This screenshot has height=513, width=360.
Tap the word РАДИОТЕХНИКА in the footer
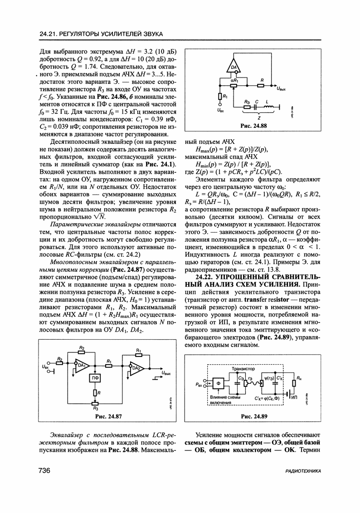301,472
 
